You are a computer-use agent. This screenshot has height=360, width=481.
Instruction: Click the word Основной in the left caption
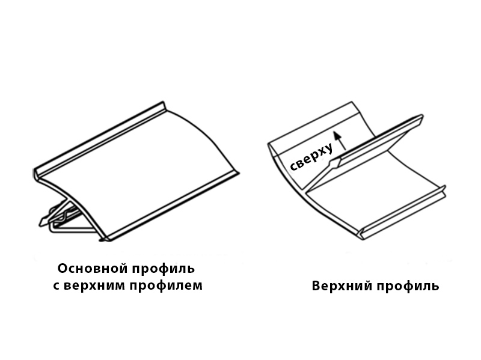(x=93, y=268)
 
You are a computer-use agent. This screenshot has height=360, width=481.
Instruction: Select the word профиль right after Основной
(x=164, y=269)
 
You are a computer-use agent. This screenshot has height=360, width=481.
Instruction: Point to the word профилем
(x=166, y=286)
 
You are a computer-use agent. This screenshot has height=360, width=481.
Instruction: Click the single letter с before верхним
(x=57, y=286)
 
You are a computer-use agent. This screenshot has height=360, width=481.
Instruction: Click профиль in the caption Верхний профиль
(x=408, y=286)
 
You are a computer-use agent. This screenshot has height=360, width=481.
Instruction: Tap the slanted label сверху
(x=311, y=156)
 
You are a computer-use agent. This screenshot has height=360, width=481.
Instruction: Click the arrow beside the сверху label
(x=340, y=141)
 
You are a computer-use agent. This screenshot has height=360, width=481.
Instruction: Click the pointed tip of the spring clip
(x=40, y=224)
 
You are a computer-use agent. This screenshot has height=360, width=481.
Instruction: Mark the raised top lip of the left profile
(x=100, y=139)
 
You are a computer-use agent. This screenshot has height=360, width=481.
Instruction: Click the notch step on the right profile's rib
(x=334, y=163)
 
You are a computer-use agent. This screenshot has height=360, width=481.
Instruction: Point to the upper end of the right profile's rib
(x=421, y=118)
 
